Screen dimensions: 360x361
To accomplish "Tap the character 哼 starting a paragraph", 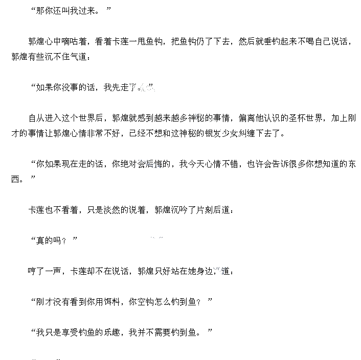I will click(32, 271).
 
